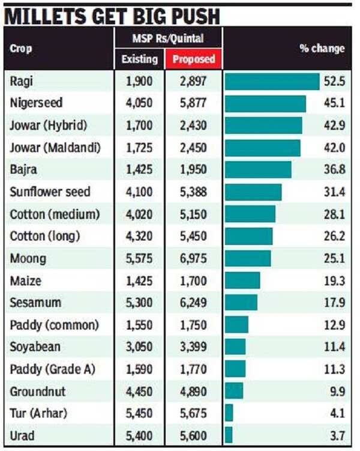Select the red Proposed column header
pos(193,59)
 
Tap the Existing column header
pos(140,59)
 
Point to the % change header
pos(322,49)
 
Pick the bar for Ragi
pos(272,81)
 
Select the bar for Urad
pos(229,435)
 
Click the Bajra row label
pos(23,169)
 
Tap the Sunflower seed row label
pos(50,192)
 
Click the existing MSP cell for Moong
pos(140,259)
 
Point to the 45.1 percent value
pos(334,103)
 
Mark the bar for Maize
pos(242,280)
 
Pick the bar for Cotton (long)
pos(248,236)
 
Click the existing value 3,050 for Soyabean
pos(140,347)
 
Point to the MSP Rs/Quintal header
pos(169,38)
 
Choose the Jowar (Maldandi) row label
pos(55,148)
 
